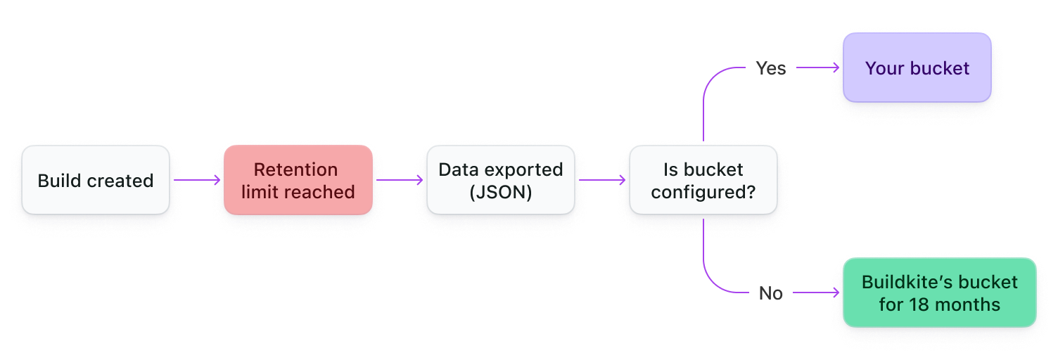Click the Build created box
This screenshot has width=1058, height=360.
pos(96,181)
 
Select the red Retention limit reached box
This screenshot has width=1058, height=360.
pos(298,181)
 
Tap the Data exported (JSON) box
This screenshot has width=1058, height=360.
pos(500,181)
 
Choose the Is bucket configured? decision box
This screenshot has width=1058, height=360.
pos(703,181)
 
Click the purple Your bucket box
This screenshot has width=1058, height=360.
pos(917,68)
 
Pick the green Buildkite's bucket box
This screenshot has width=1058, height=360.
pos(939,292)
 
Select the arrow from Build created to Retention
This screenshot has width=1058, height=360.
pos(197,180)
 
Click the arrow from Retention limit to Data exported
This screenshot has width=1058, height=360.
pos(399,180)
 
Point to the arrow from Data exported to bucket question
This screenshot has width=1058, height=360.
pos(601,180)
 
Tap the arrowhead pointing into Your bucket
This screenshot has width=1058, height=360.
pos(836,68)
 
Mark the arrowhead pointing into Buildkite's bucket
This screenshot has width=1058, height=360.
pos(836,292)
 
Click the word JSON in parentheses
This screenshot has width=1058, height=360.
pos(500,192)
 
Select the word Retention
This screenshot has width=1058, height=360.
pos(295,169)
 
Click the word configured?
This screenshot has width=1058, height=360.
pos(703,192)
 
